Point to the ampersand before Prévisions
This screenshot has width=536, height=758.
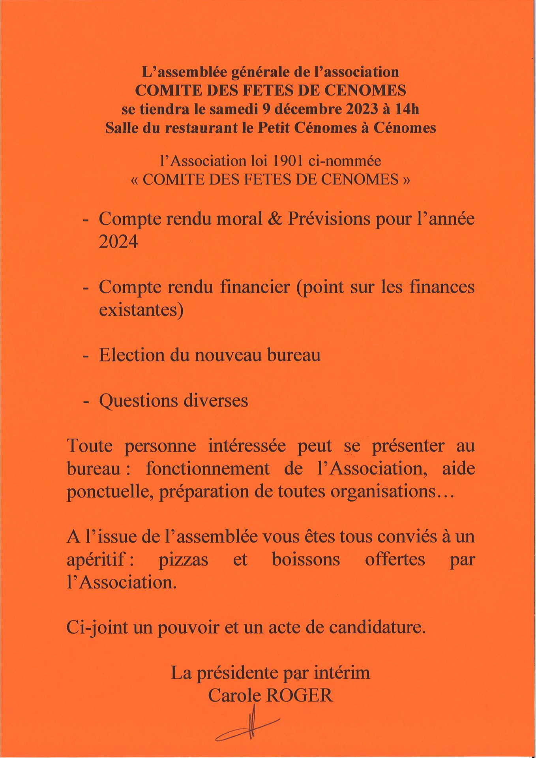pyautogui.click(x=275, y=219)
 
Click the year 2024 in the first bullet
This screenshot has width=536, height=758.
pyautogui.click(x=118, y=242)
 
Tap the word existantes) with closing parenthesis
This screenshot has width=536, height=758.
pyautogui.click(x=141, y=310)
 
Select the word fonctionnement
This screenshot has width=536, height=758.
pyautogui.click(x=208, y=469)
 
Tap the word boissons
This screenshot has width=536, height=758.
pyautogui.click(x=306, y=560)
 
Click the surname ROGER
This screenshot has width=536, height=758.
pyautogui.click(x=300, y=696)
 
